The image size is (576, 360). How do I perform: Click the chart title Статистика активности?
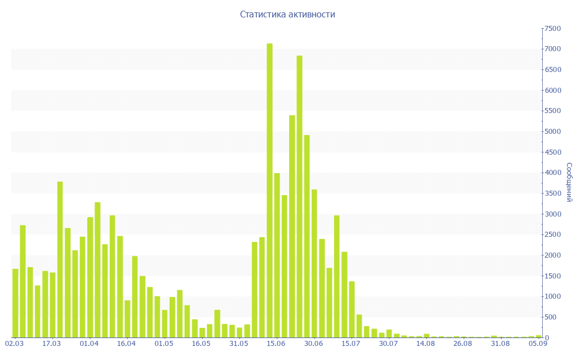(287, 15)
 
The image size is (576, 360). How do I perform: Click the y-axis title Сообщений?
(569, 182)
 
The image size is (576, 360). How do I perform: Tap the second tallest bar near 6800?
(299, 196)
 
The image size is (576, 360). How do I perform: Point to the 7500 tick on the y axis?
(552, 29)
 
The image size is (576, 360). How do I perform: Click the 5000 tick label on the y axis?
(552, 132)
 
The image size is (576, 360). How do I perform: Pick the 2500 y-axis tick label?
(552, 235)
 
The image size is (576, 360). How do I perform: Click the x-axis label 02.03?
(14, 344)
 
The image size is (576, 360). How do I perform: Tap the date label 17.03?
(52, 344)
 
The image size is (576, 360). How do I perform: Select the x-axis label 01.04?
(89, 344)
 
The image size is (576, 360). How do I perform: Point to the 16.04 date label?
(127, 344)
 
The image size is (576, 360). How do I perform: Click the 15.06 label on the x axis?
(276, 344)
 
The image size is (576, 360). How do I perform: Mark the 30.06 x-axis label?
(313, 344)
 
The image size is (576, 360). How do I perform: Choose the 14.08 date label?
(426, 344)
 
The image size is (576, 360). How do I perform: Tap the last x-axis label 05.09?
(538, 344)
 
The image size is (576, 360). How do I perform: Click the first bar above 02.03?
(15, 303)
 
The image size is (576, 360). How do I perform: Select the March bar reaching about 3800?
(60, 259)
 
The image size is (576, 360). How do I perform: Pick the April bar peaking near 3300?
(97, 270)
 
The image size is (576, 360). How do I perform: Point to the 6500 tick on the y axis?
(552, 70)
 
